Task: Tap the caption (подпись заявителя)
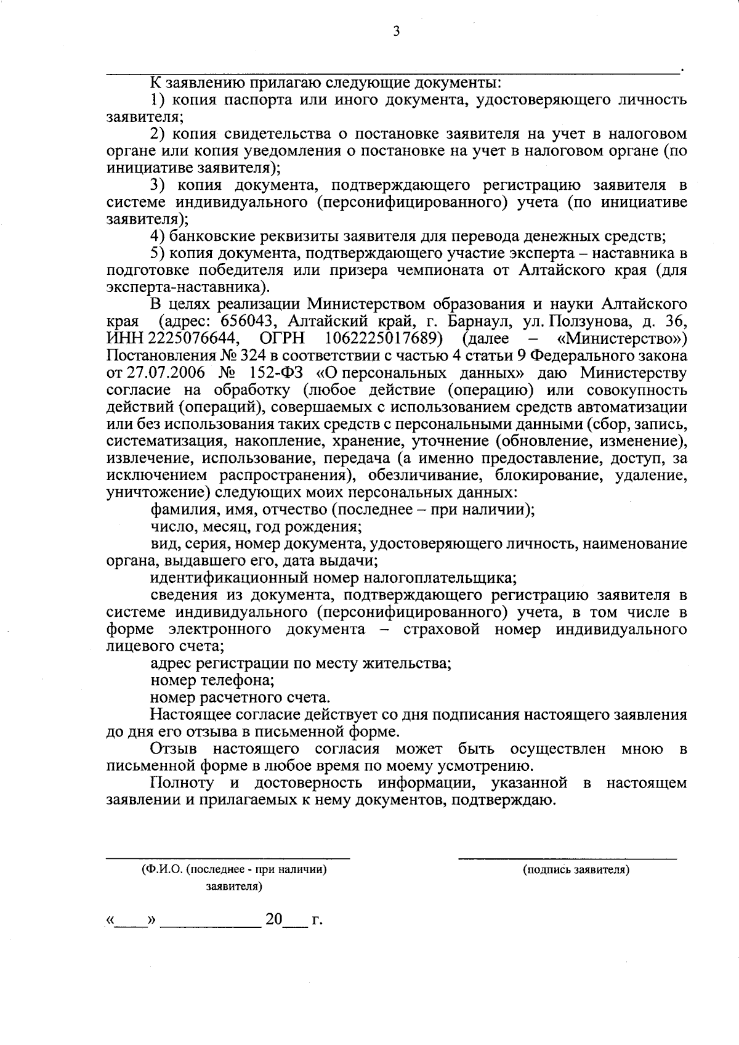pyautogui.click(x=576, y=870)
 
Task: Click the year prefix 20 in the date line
pyautogui.click(x=273, y=920)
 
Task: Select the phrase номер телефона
pyautogui.click(x=212, y=681)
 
